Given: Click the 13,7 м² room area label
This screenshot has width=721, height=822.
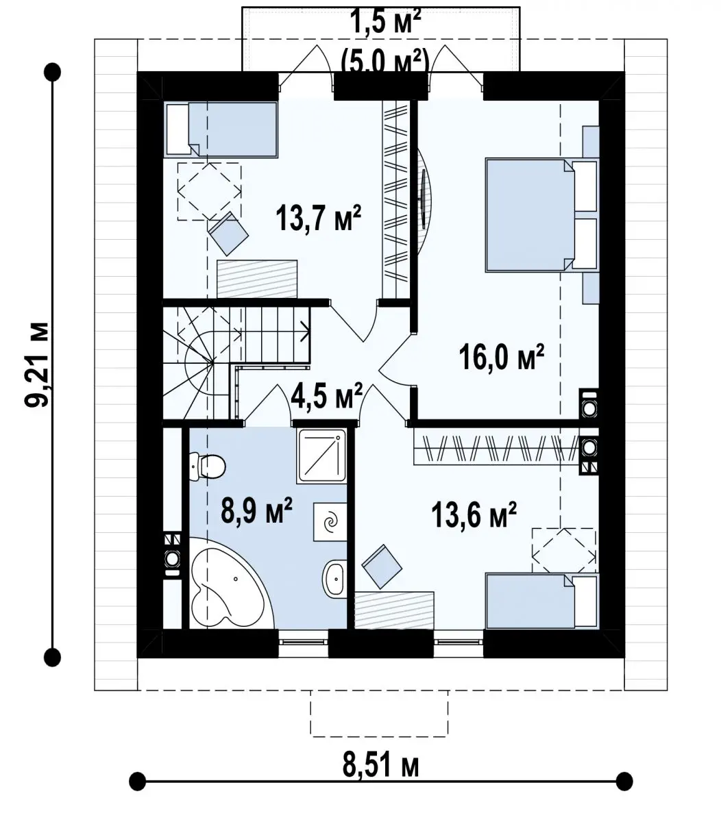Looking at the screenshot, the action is point(318,218).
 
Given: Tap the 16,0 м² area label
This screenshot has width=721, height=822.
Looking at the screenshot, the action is point(502,357).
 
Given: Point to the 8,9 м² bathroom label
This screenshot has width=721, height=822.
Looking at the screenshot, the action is point(256,511).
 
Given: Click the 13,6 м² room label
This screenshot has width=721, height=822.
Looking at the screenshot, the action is point(474,515).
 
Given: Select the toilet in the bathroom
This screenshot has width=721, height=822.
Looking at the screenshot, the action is point(207,467).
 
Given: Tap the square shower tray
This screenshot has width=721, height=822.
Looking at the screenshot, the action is point(321,456).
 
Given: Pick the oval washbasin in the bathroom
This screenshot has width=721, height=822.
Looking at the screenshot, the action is point(334,577).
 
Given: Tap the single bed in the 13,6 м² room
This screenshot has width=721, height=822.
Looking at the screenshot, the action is point(542,601).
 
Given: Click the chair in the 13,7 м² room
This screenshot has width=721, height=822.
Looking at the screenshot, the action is point(228,234).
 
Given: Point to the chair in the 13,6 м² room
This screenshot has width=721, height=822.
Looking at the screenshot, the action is point(382,567).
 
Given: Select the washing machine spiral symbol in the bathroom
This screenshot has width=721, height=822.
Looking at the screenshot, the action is point(330,522).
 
